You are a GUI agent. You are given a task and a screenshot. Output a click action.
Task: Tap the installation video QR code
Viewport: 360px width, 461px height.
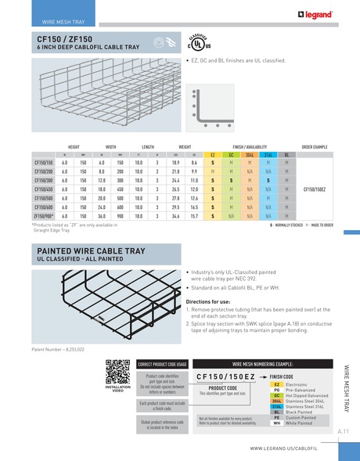click(x=117, y=370)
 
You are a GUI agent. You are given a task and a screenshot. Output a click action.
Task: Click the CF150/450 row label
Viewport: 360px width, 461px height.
click(x=43, y=188)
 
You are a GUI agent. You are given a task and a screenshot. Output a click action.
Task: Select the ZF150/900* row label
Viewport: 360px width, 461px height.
click(x=43, y=214)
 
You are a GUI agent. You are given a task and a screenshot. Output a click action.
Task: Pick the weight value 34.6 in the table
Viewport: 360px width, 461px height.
click(x=176, y=214)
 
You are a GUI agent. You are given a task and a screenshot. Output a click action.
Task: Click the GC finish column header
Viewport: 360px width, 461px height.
click(x=230, y=154)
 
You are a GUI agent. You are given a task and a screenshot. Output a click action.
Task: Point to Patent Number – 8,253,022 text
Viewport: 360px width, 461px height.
click(x=58, y=348)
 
